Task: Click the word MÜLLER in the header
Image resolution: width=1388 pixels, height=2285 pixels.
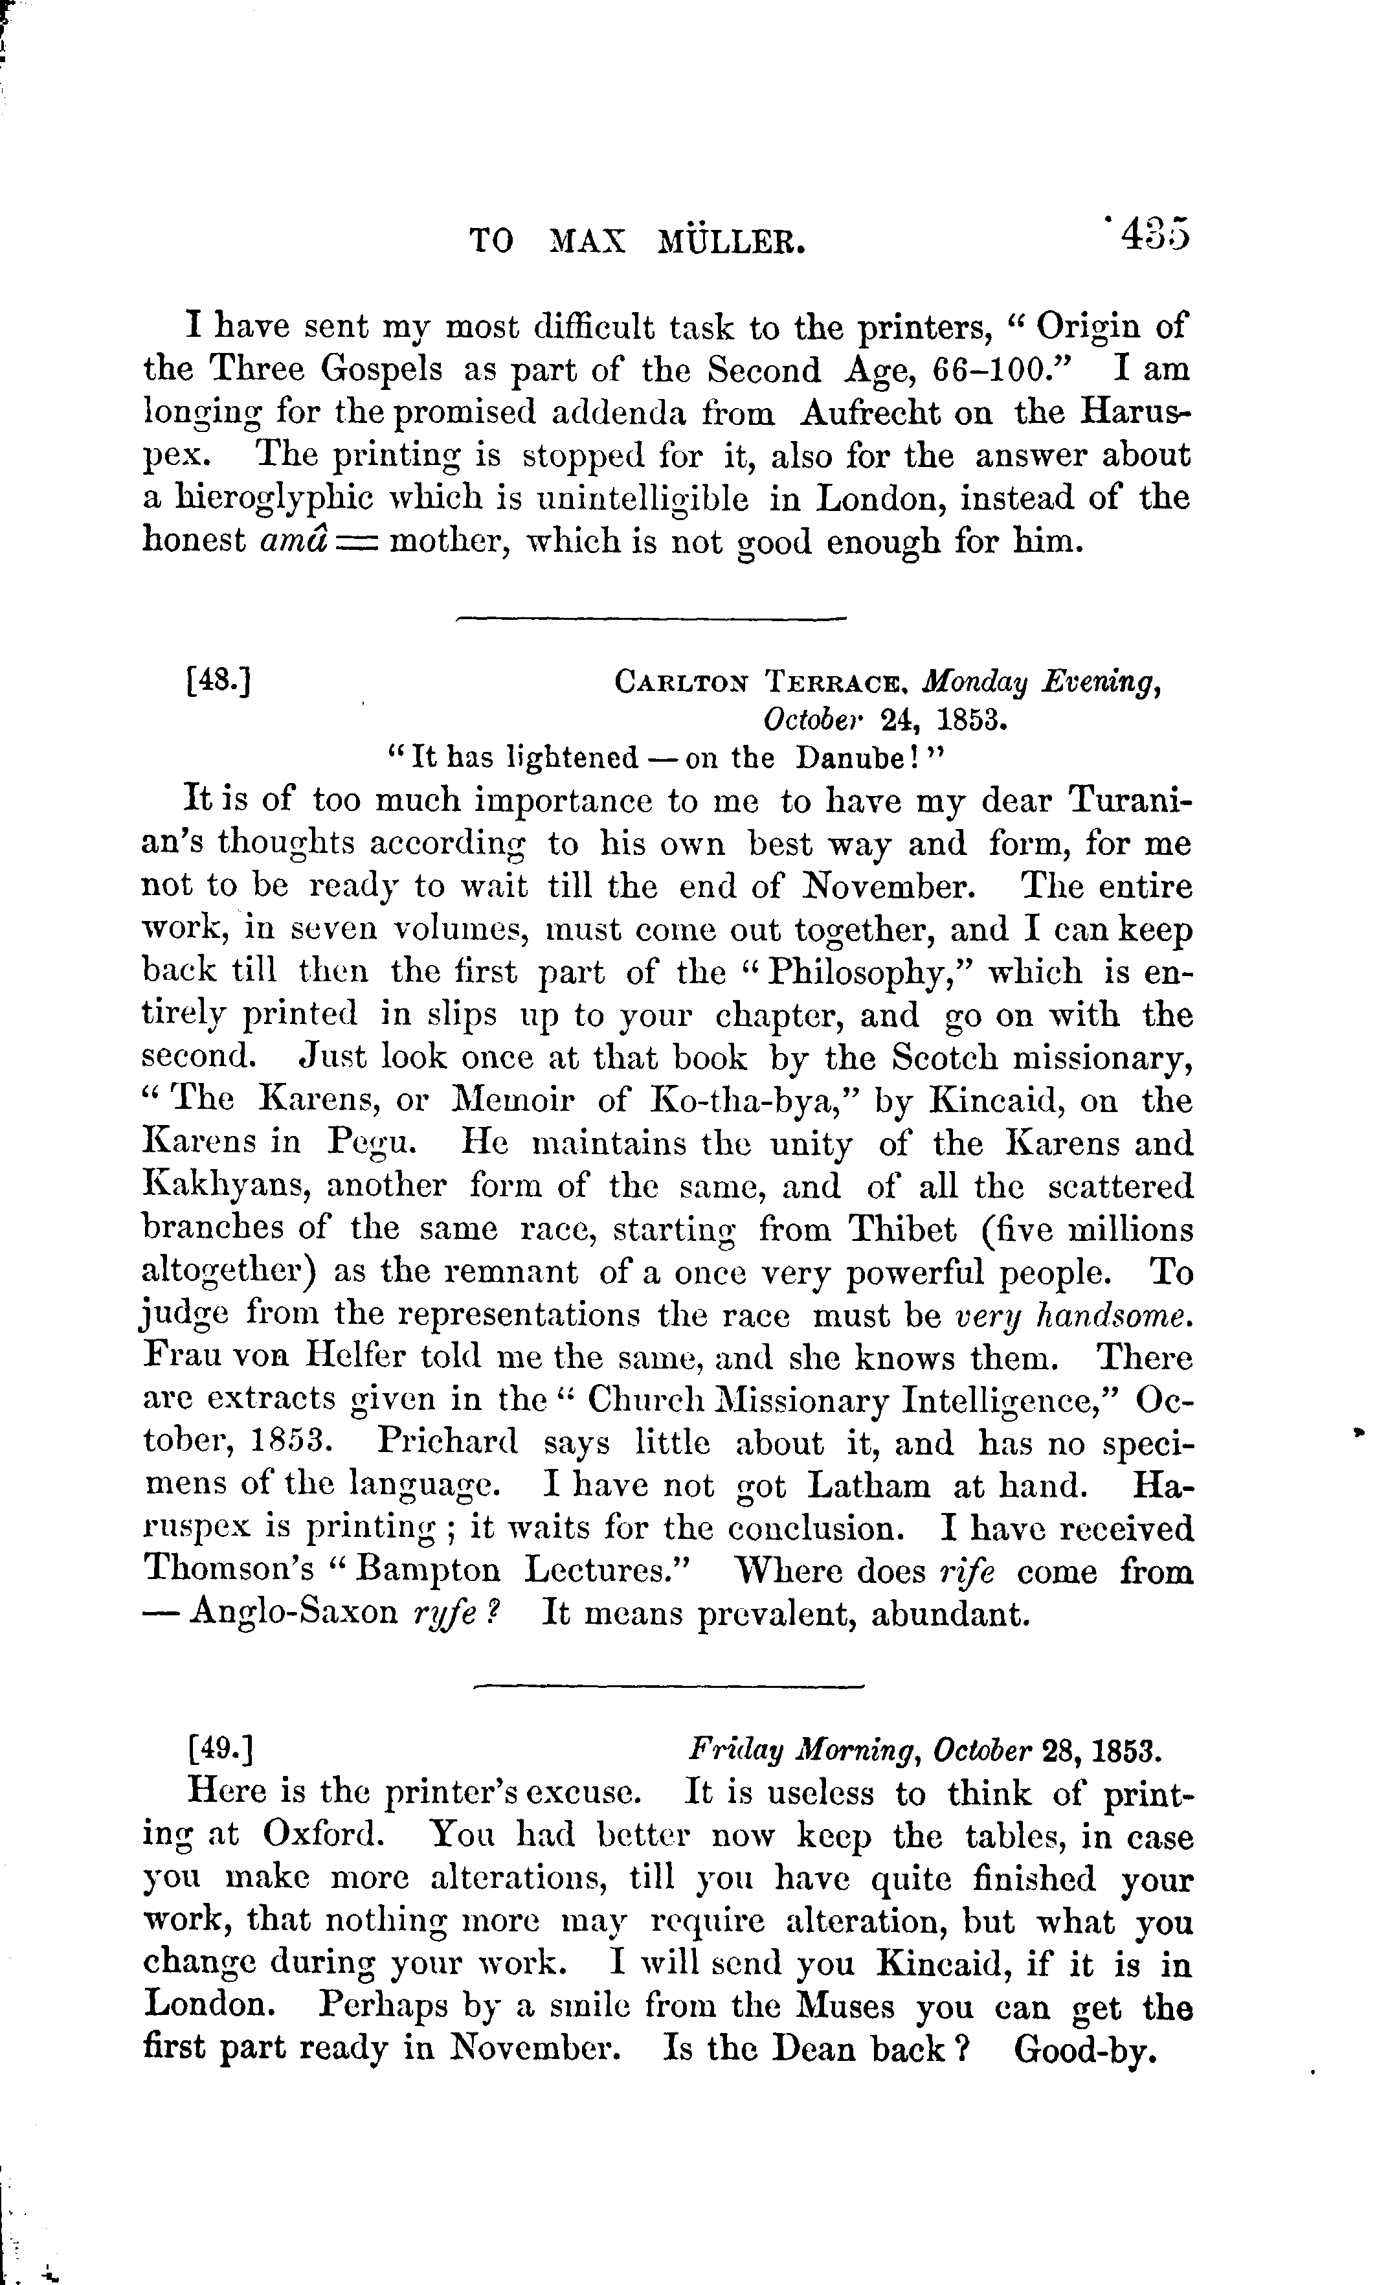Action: point(731,242)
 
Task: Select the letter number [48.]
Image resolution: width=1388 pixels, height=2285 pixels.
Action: point(219,683)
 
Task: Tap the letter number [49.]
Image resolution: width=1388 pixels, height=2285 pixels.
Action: point(219,1750)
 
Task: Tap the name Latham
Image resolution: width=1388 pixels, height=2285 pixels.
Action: point(869,1486)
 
